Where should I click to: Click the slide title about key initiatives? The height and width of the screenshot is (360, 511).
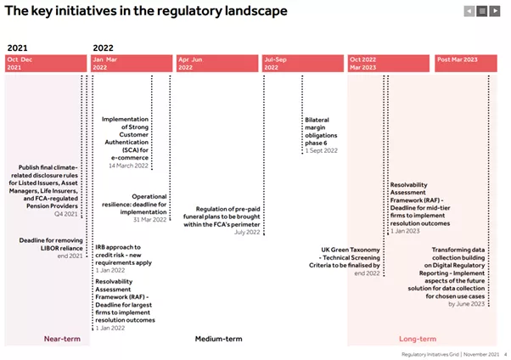[146, 11]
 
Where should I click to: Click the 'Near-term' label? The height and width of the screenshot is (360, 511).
[62, 338]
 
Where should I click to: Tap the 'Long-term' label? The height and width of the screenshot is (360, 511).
[418, 338]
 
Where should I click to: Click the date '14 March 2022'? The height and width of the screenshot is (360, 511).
[129, 166]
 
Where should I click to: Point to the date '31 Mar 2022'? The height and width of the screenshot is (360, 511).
[149, 221]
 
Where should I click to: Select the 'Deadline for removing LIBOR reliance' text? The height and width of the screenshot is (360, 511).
[52, 244]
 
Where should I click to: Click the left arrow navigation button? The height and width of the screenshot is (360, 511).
[469, 11]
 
